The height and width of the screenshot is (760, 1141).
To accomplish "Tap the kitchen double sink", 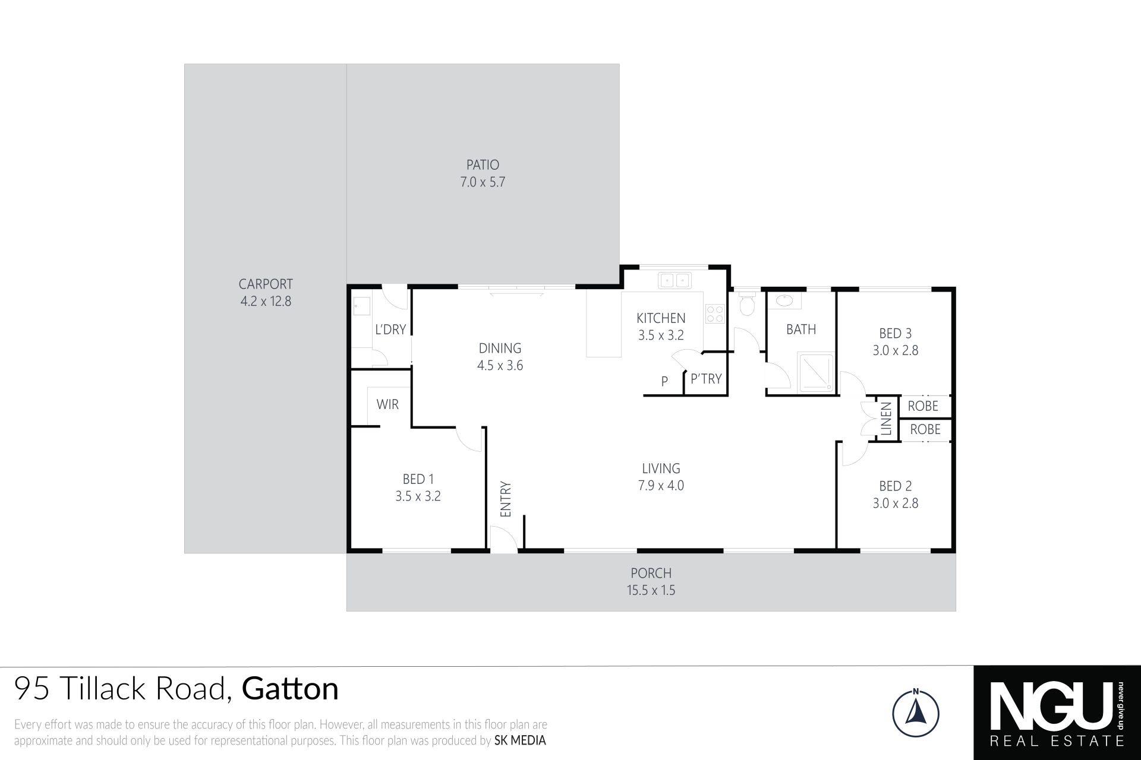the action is pyautogui.click(x=673, y=279).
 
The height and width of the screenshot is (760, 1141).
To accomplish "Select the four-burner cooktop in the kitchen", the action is pyautogui.click(x=714, y=313).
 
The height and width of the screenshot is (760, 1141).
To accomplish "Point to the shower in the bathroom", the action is pyautogui.click(x=817, y=372).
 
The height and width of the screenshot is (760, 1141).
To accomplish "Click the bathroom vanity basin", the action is pyautogui.click(x=784, y=300).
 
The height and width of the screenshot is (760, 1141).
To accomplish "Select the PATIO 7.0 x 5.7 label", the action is pyautogui.click(x=483, y=173).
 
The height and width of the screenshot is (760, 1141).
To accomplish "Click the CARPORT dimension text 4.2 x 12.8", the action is pyautogui.click(x=266, y=301).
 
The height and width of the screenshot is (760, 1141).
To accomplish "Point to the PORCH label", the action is pyautogui.click(x=651, y=573).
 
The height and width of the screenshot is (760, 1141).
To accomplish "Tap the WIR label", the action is pyautogui.click(x=387, y=404).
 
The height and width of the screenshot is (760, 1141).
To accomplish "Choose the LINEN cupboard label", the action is pyautogui.click(x=887, y=419).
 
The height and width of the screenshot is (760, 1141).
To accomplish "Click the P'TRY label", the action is pyautogui.click(x=706, y=378).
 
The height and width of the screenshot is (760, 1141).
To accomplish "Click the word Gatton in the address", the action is pyautogui.click(x=291, y=689).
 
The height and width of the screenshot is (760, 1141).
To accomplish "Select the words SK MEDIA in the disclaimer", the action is pyautogui.click(x=520, y=740).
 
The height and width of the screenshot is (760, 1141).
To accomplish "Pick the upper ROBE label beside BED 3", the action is pyautogui.click(x=923, y=406).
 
